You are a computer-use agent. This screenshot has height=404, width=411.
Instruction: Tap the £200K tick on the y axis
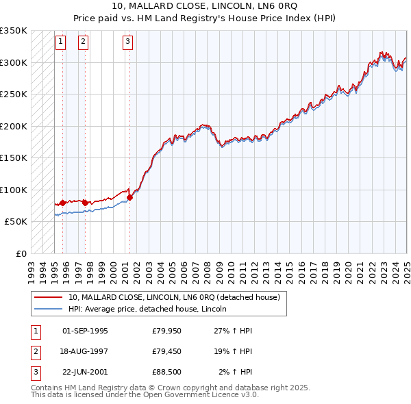15,126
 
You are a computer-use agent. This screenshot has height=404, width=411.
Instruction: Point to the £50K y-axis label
16,222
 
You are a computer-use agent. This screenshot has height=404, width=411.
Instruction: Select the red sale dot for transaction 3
129,197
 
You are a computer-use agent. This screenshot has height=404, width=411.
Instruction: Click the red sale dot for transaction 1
62,203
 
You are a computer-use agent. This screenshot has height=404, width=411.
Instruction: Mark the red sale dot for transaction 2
85,203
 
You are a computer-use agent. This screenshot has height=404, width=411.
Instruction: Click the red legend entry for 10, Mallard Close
174,298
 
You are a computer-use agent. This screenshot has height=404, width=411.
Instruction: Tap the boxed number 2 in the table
35,351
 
